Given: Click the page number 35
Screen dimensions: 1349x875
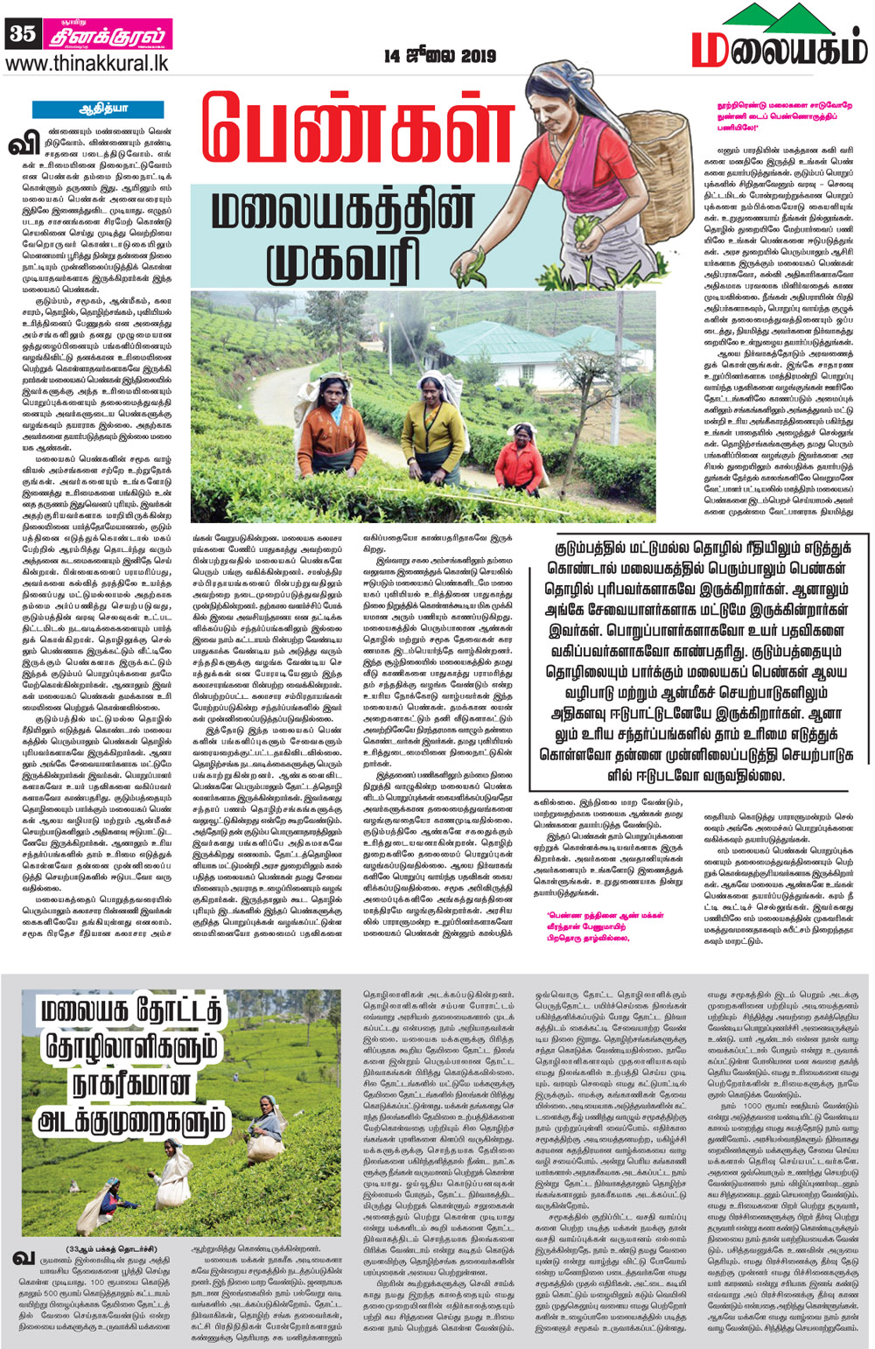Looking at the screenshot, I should [21, 33].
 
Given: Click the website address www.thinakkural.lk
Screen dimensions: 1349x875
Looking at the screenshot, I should [87, 64].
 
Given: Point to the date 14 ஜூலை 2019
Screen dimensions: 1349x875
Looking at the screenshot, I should [439, 56].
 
